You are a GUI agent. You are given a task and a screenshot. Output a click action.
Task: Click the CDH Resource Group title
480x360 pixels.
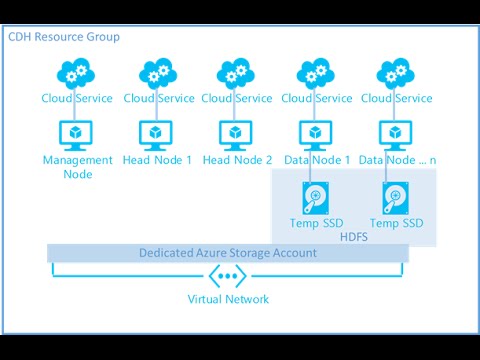click(x=64, y=37)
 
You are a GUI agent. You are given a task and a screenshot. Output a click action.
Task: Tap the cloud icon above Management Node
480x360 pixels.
click(x=77, y=72)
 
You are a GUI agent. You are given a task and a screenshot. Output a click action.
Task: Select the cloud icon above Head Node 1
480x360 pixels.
click(x=157, y=72)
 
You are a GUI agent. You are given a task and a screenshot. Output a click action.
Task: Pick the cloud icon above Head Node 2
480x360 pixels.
click(x=237, y=72)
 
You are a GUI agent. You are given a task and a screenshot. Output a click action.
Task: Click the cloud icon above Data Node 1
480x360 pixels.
click(x=317, y=72)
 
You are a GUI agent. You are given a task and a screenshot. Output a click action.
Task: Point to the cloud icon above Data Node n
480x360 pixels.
click(x=397, y=72)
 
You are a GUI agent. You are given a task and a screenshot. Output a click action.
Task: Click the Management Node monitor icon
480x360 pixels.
click(x=77, y=133)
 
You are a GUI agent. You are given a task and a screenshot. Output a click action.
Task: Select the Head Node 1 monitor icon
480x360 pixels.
click(x=157, y=133)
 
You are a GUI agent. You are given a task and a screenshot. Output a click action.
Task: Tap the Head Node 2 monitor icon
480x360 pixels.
click(x=237, y=133)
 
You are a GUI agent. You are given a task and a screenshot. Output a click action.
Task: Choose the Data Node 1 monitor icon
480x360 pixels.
click(x=317, y=133)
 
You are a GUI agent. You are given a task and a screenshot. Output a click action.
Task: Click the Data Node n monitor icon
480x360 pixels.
click(x=397, y=133)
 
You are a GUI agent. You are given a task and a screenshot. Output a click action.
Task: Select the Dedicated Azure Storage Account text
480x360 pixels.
click(x=228, y=253)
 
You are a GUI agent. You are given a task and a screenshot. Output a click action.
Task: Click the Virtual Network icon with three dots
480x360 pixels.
click(x=228, y=276)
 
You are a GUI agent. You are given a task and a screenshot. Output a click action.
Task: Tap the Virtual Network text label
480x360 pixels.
click(x=228, y=299)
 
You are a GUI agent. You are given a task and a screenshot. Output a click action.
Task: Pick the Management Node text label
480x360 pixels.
click(x=77, y=167)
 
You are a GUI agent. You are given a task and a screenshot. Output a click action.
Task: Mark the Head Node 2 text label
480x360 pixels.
click(x=237, y=160)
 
